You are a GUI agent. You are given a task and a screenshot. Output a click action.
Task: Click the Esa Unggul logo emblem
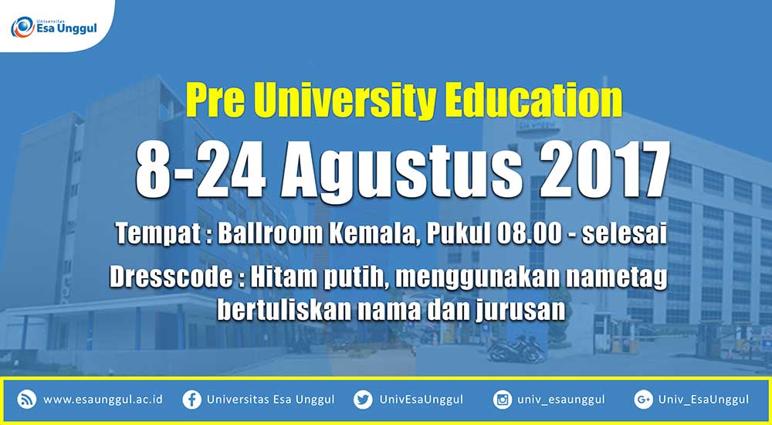pos(22,27)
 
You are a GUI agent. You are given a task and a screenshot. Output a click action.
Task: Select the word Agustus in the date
pos(401,171)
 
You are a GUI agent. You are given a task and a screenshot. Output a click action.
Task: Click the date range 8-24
pos(201,170)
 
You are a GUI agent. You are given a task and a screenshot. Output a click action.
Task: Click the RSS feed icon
pos(26,399)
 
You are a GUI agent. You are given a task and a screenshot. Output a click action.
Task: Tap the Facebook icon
pos(191,399)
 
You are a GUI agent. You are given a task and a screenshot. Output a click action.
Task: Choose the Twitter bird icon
pos(363,399)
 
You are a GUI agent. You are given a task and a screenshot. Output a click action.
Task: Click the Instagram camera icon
pos(503,399)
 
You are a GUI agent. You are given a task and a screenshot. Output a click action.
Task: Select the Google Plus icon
pos(644,399)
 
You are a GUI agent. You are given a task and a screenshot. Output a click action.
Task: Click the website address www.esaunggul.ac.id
pos(103,399)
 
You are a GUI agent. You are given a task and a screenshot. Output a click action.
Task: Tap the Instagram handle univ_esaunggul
pos(560,399)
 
